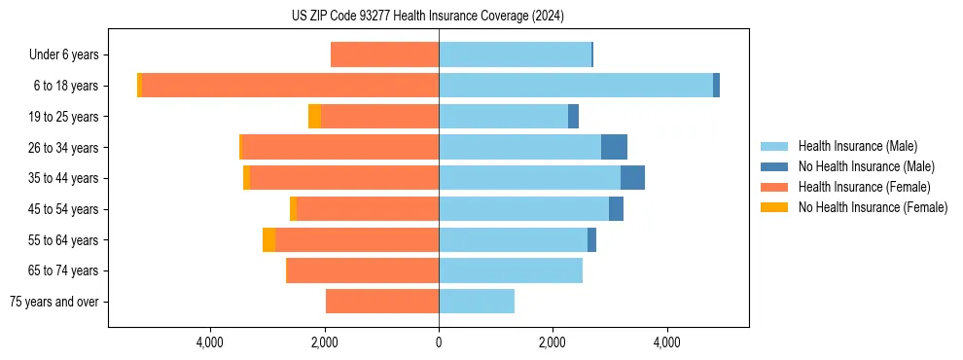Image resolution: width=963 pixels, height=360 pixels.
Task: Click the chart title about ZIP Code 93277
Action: pyautogui.click(x=427, y=16)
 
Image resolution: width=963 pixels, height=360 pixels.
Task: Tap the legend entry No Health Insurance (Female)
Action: pyautogui.click(x=873, y=207)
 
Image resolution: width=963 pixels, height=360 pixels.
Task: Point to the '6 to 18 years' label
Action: pyautogui.click(x=65, y=86)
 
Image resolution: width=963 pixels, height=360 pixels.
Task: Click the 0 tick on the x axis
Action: pyautogui.click(x=439, y=342)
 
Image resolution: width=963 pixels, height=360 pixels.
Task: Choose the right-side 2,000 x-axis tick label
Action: pyautogui.click(x=553, y=342)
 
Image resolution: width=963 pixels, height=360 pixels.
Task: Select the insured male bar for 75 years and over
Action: pyautogui.click(x=477, y=302)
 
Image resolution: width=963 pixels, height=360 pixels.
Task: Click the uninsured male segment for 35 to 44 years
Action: pyautogui.click(x=632, y=178)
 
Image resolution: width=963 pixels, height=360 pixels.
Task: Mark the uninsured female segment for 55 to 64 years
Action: pyautogui.click(x=268, y=240)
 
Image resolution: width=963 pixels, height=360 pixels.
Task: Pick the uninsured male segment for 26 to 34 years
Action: pyautogui.click(x=614, y=148)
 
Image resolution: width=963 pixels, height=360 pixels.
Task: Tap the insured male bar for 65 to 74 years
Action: pyautogui.click(x=511, y=270)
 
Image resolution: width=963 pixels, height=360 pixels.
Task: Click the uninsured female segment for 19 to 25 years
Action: pyautogui.click(x=314, y=117)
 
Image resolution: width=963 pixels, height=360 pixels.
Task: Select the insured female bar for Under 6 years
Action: pyautogui.click(x=384, y=55)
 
